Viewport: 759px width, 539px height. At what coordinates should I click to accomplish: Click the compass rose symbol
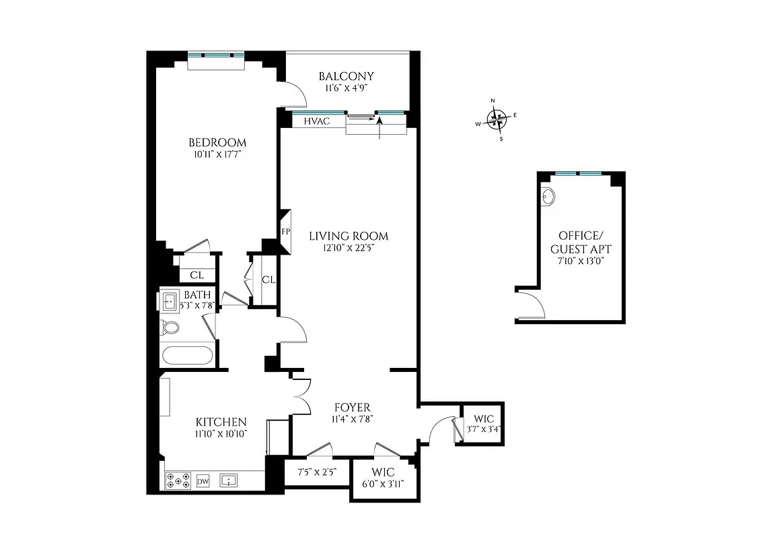(497, 120)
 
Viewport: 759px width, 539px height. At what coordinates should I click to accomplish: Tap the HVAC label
(317, 121)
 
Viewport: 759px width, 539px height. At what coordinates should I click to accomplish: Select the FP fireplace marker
(286, 232)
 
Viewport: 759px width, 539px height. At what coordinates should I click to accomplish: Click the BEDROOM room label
(217, 143)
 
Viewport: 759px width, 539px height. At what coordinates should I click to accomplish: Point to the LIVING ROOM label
(349, 236)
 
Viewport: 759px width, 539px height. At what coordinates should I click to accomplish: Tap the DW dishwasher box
(203, 481)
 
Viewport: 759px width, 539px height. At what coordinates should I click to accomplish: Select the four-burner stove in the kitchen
(178, 481)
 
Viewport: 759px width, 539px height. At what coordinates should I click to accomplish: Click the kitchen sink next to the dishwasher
(230, 481)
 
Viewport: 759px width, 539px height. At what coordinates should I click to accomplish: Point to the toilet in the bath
(170, 328)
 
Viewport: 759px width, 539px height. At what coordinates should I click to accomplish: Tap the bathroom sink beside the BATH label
(168, 300)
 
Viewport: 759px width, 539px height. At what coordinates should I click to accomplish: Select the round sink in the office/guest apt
(548, 197)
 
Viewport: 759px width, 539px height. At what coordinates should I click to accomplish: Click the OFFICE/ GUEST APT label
(579, 242)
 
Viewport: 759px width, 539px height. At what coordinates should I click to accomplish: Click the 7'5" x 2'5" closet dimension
(316, 473)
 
